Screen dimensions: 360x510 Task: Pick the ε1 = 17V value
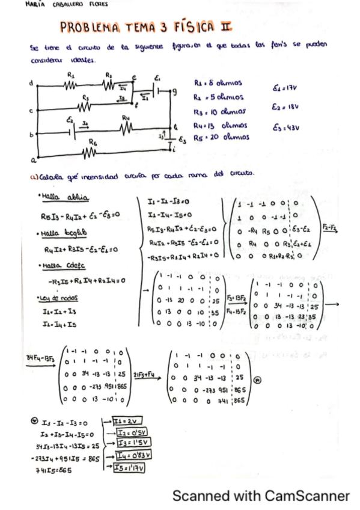(x=285, y=88)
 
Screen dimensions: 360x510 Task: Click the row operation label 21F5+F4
(x=144, y=372)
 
